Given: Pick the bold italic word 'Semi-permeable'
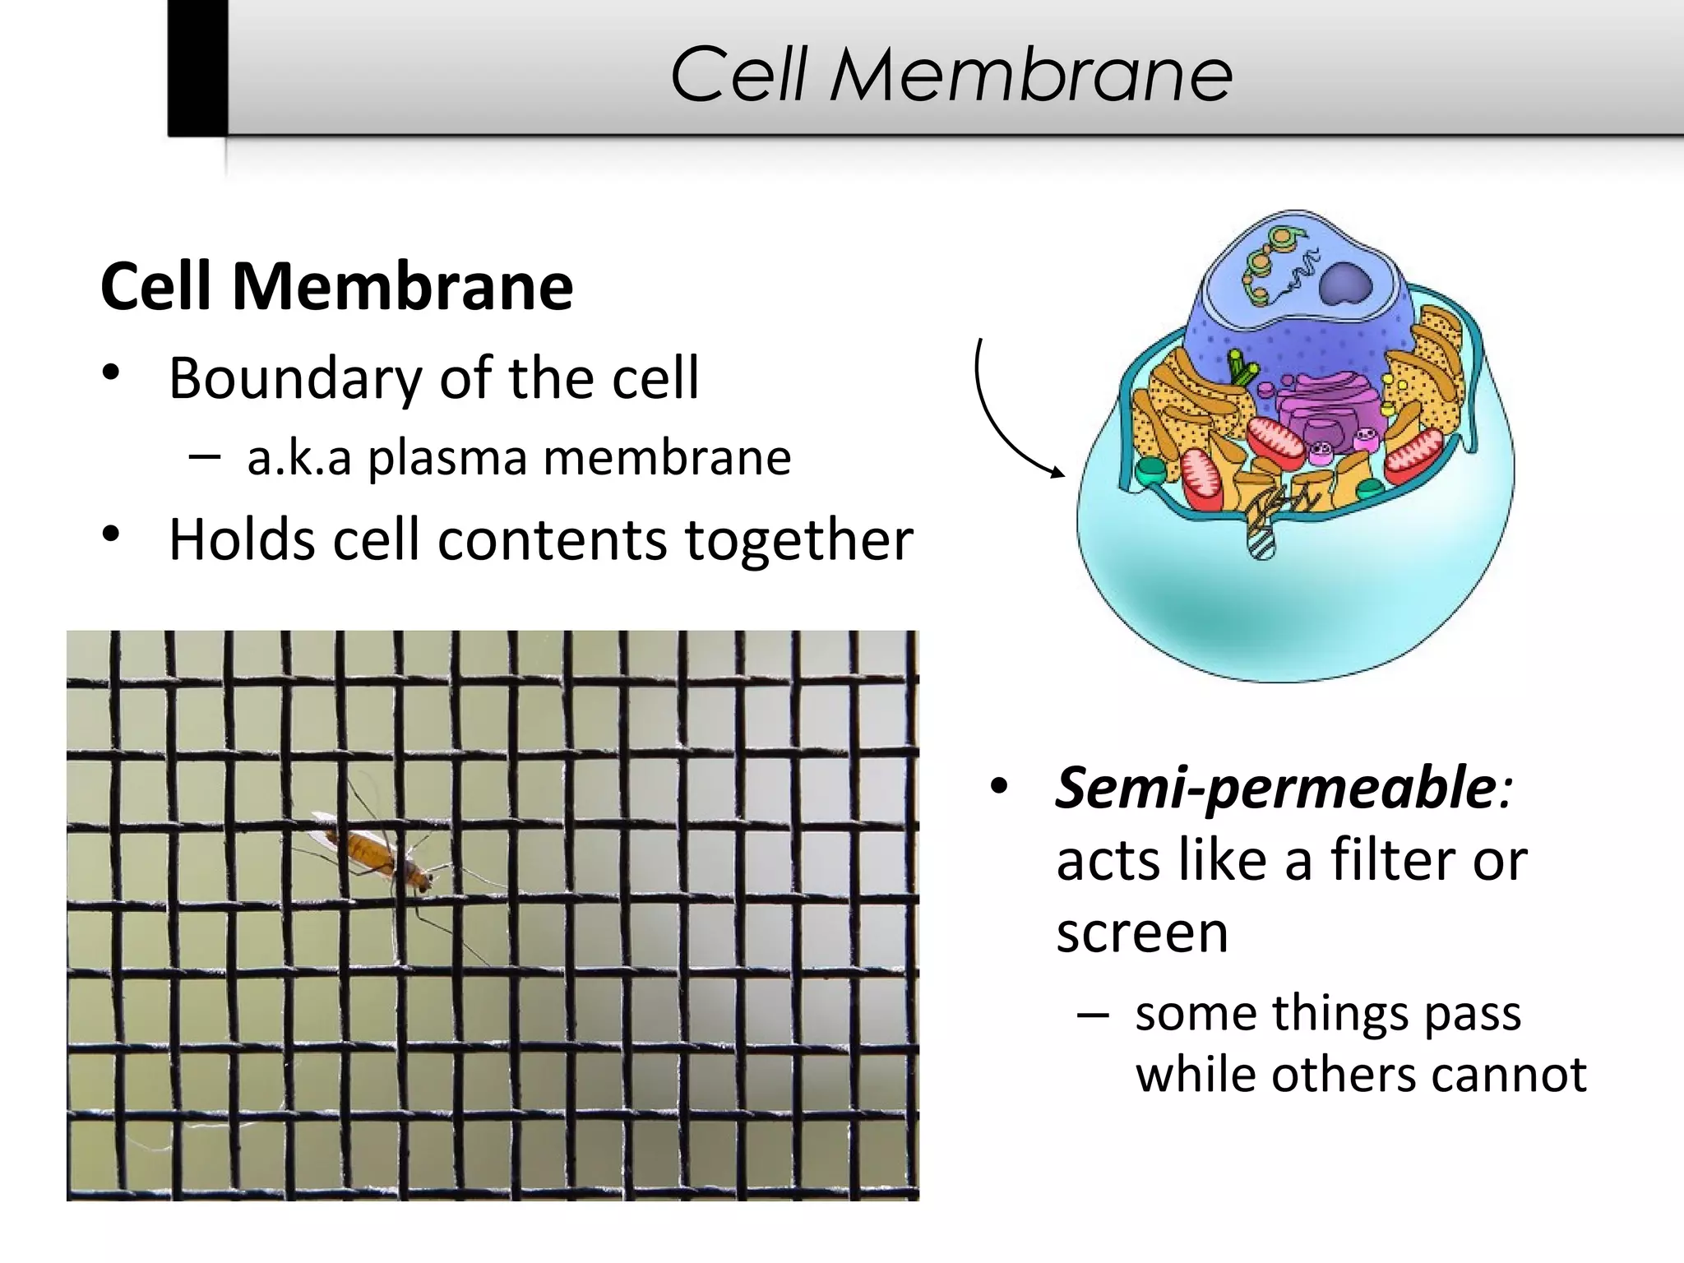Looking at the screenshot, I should tap(1275, 788).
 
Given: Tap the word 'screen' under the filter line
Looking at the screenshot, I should tap(1142, 932).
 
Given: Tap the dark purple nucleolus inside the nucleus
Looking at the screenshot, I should tap(1346, 285).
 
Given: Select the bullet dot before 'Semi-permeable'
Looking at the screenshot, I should tap(999, 787).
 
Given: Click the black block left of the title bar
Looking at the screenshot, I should tap(197, 67).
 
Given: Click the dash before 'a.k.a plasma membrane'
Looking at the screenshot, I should tap(204, 456).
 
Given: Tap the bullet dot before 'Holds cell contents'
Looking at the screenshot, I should tap(112, 535).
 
